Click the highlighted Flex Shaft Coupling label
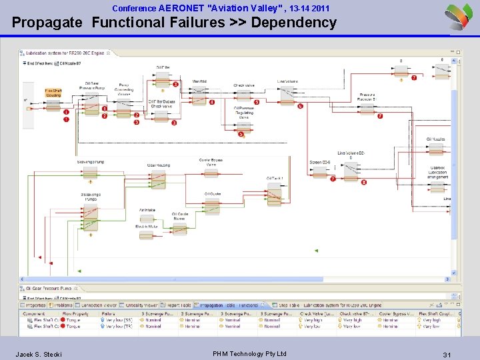click(53, 93)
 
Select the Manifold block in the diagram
click(199, 97)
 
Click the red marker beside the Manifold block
click(212, 102)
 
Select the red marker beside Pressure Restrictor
click(380, 116)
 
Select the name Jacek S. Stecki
click(39, 354)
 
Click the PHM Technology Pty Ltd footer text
click(249, 353)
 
